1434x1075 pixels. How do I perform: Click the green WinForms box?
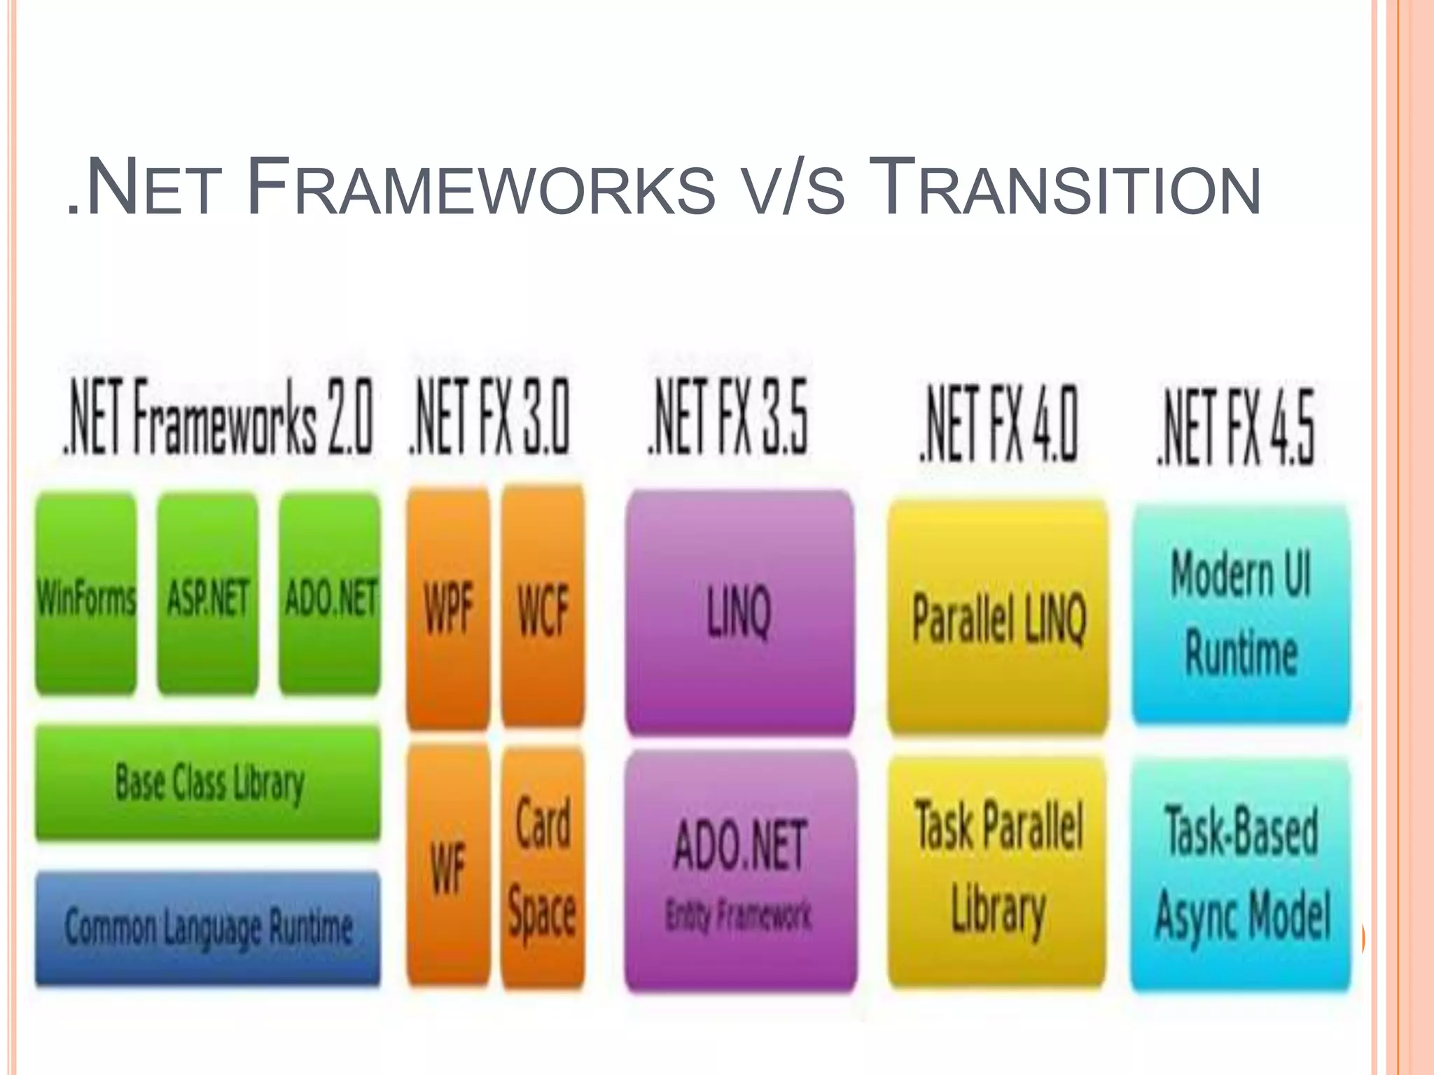coord(85,595)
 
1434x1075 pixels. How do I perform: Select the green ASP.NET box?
coord(207,595)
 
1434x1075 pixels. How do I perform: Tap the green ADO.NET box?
coord(330,595)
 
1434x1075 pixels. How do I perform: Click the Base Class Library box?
coord(208,782)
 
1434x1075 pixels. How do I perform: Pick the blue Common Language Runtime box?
coord(208,927)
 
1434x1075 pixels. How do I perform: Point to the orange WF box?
coord(448,866)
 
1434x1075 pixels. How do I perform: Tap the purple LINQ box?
coord(739,612)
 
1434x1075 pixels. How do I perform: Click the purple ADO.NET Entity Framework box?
coord(740,871)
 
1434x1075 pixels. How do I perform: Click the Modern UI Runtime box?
coord(1241,613)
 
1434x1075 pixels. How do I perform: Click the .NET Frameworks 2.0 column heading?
coord(218,417)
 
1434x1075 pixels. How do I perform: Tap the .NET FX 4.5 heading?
coord(1236,427)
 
